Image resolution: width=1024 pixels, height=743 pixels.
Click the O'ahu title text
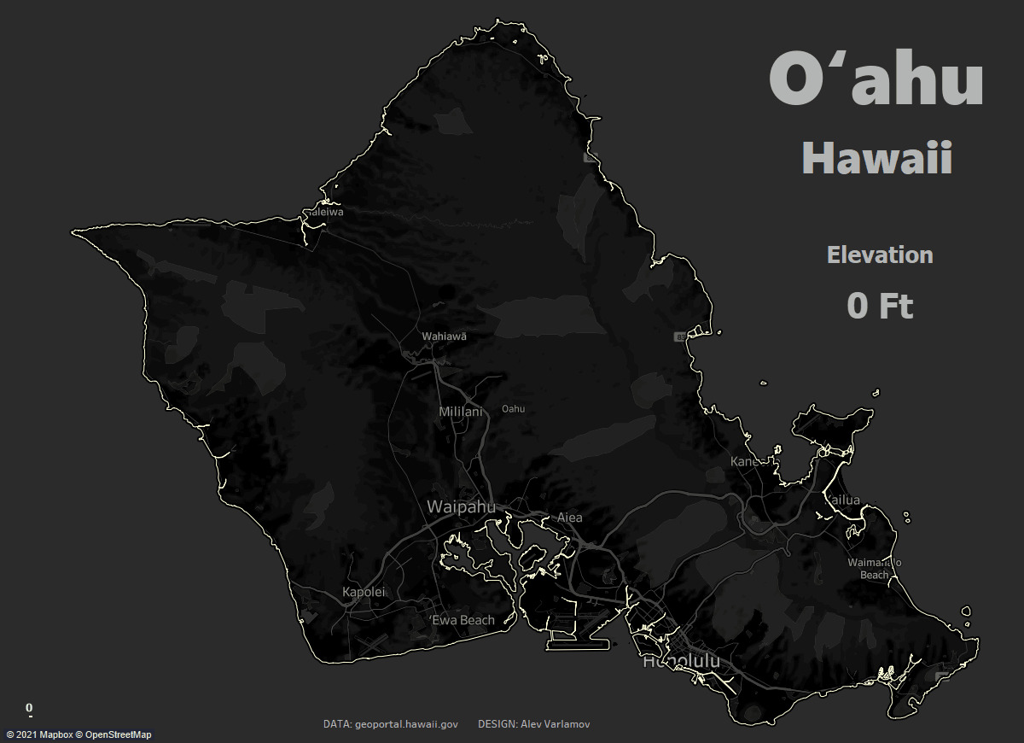(876, 79)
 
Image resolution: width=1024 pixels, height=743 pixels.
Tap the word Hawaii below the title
(876, 159)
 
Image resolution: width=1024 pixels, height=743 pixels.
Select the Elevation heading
(880, 254)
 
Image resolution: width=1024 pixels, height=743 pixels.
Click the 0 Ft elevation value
(880, 305)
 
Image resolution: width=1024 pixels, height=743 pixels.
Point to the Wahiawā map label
(444, 336)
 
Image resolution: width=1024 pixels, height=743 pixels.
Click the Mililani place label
(460, 412)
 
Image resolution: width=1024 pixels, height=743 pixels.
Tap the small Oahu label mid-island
(513, 409)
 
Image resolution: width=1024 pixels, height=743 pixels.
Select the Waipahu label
(461, 507)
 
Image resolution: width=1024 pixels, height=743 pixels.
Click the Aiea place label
(569, 518)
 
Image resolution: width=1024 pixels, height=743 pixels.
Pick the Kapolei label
(364, 592)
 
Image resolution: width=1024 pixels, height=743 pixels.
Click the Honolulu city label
(681, 662)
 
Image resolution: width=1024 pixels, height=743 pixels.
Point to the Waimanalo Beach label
(874, 569)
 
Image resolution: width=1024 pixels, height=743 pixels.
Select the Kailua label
(843, 500)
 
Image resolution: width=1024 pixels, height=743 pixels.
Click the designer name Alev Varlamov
(555, 724)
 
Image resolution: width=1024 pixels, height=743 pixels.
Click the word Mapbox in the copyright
(56, 735)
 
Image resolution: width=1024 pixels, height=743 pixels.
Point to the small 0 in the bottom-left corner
(29, 708)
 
